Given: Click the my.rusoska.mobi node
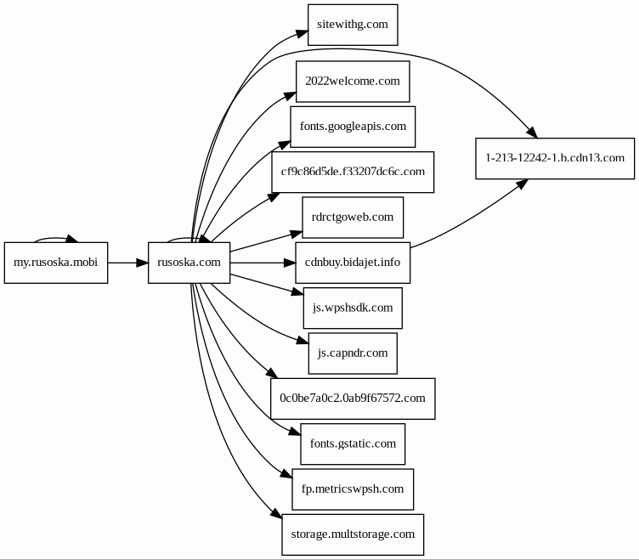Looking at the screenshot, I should click(x=56, y=263).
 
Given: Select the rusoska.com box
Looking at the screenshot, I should click(x=189, y=263).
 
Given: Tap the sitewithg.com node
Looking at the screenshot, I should click(x=353, y=25).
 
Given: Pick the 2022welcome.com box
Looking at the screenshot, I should click(x=353, y=82).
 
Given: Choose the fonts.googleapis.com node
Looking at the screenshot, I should click(x=353, y=127).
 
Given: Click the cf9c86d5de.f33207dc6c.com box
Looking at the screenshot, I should click(x=353, y=172).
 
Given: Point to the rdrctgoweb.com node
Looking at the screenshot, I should click(x=353, y=218).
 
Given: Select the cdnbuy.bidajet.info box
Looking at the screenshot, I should click(x=353, y=263).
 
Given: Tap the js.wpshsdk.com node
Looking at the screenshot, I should click(x=353, y=308).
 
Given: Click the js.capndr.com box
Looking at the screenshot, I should click(x=353, y=354).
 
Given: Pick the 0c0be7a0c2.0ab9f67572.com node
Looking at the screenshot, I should click(x=353, y=399).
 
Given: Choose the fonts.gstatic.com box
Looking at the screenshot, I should click(x=353, y=444).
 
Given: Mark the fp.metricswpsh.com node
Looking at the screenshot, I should click(x=353, y=489).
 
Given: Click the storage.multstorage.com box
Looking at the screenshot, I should click(x=353, y=535).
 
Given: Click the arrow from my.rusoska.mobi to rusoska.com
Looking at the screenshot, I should click(x=127, y=263).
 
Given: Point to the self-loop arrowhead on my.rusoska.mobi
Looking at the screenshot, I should click(x=72, y=240).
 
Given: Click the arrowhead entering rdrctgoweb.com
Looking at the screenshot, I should click(x=297, y=230).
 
